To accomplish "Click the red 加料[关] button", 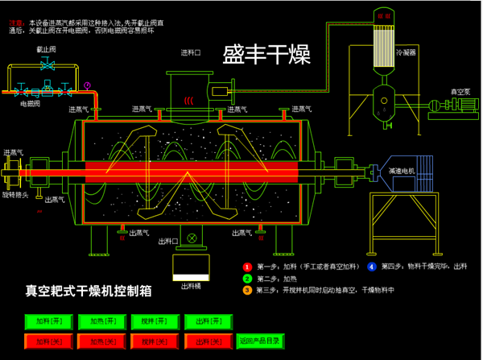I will pyautogui.click(x=48, y=342).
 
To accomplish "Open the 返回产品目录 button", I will pyautogui.click(x=258, y=342).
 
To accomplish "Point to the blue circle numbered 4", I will pyautogui.click(x=371, y=266).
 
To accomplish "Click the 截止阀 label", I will pyautogui.click(x=46, y=49).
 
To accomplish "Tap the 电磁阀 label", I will pyautogui.click(x=29, y=103).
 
